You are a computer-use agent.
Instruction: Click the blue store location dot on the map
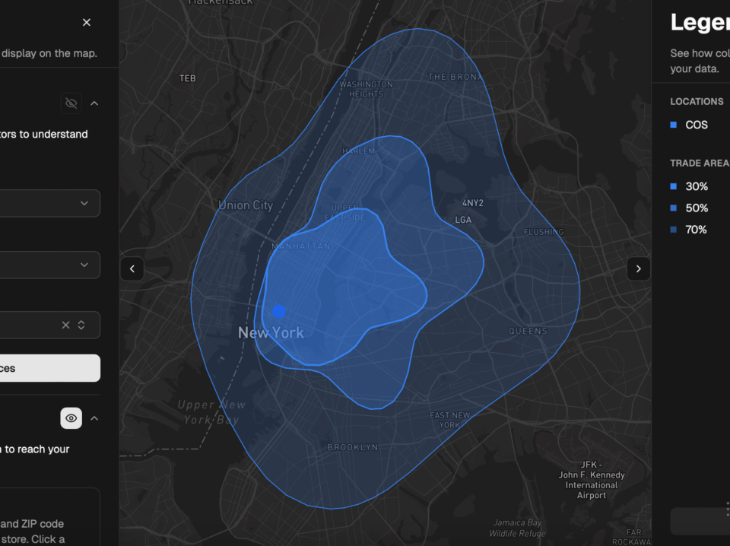point(279,311)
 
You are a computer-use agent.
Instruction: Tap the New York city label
point(271,333)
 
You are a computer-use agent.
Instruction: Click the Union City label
point(246,205)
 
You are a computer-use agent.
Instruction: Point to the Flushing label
point(544,232)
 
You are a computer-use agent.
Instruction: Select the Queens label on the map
point(528,331)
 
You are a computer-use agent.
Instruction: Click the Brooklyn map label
point(352,447)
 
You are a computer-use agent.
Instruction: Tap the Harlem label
point(358,151)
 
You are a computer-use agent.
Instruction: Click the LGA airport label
point(463,220)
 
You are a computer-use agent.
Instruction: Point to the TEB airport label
point(187,78)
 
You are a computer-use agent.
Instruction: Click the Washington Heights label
point(366,89)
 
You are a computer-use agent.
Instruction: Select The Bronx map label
point(455,77)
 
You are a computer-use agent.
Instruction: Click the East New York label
point(450,420)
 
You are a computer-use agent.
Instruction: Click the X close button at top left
point(87,23)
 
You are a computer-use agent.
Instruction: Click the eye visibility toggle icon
point(71,418)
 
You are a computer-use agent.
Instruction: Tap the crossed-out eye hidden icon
point(71,103)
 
